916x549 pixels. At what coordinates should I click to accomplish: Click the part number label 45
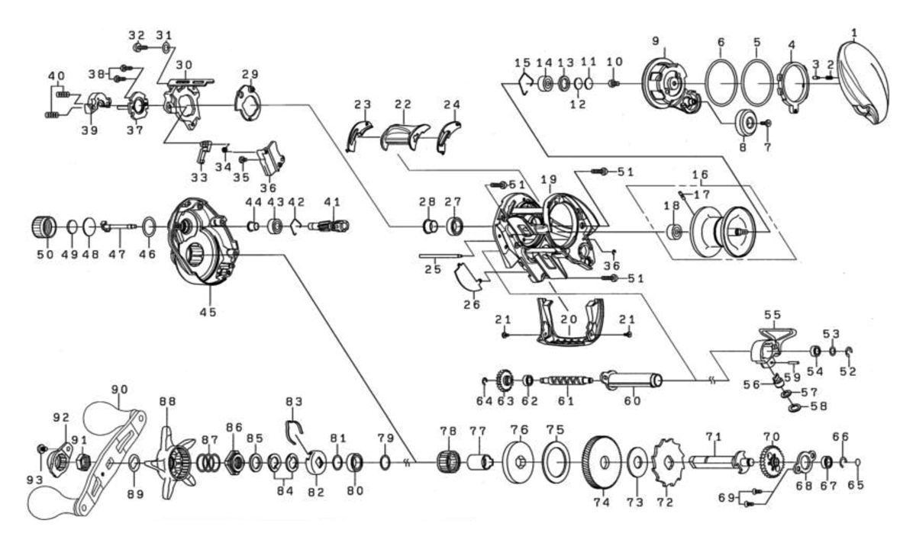[208, 311]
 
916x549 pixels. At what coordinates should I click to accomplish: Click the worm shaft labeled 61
[566, 380]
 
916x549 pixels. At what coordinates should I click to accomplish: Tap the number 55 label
[772, 313]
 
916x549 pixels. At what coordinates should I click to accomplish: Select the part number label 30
[183, 64]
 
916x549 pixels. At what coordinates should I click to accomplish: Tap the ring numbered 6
[721, 82]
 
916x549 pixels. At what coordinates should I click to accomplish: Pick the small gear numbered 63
[504, 379]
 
